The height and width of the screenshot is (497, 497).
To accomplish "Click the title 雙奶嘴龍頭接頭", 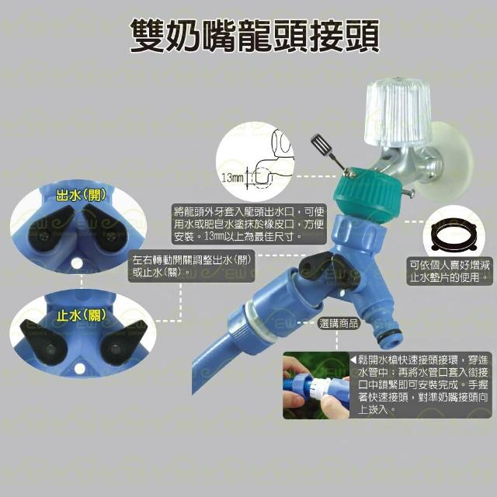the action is click(x=255, y=36).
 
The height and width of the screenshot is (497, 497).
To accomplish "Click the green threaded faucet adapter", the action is click(x=367, y=195).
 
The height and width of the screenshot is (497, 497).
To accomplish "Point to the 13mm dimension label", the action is click(x=232, y=178).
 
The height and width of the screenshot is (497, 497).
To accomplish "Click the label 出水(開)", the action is click(x=81, y=196).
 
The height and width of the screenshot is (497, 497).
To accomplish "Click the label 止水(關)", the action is click(x=81, y=315).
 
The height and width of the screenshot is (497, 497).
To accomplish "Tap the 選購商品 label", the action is click(x=339, y=324).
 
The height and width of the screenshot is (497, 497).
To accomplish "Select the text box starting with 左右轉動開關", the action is click(x=192, y=266).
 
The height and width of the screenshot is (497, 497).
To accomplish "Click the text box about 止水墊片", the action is click(x=450, y=271).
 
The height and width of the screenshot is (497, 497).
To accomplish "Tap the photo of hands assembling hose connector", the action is click(x=316, y=385).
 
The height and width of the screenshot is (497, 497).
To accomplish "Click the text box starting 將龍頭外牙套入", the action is click(x=248, y=224).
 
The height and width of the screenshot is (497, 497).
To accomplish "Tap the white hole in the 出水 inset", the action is click(x=76, y=262).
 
